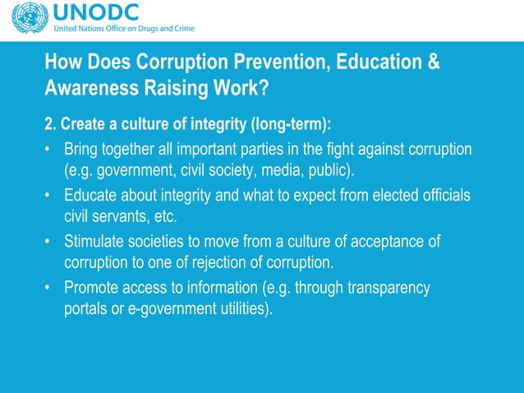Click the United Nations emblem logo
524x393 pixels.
pos(25,18)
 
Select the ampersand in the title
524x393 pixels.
pos(434,63)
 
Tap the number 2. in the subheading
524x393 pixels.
pos(50,124)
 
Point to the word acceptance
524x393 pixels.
pos(384,242)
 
